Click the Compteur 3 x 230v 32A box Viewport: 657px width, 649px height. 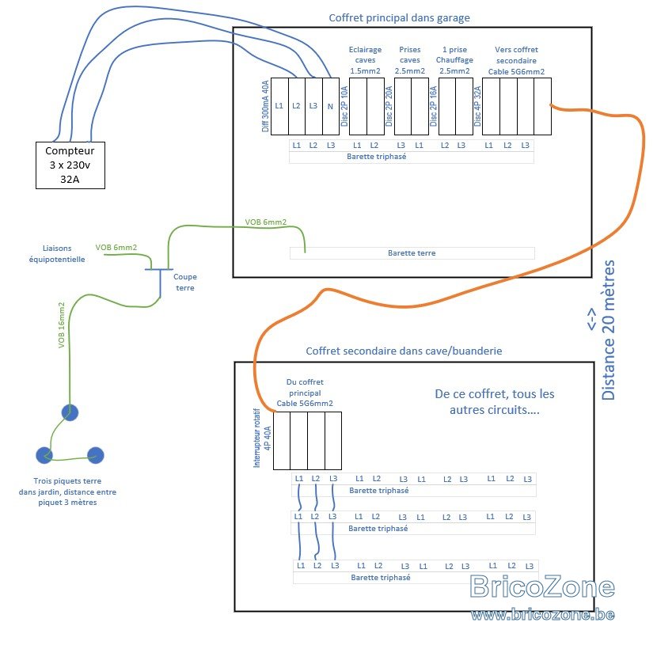coord(70,165)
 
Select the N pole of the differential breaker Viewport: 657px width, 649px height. coord(331,106)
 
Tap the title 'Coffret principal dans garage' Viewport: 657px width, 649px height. coord(399,18)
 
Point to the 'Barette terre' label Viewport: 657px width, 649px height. coord(412,253)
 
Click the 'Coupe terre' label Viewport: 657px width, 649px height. coord(184,282)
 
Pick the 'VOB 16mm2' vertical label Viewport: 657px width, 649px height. coord(62,325)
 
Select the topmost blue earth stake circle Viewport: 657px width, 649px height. coord(70,412)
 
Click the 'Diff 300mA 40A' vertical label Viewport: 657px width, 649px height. coord(265,106)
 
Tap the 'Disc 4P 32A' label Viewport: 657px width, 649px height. coord(477,106)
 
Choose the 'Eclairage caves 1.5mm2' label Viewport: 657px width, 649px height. coord(365,60)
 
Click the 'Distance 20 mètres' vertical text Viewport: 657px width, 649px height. coord(608,330)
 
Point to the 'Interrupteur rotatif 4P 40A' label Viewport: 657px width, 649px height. coord(262,438)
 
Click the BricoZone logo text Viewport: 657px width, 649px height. coord(542,586)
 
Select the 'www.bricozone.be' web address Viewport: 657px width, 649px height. coord(542,615)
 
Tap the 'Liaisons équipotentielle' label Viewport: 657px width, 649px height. coord(57,254)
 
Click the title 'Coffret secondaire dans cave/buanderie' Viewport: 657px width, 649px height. coord(404,351)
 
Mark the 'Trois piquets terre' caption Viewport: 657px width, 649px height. coord(67,481)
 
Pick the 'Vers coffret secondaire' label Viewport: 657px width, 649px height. coord(516,55)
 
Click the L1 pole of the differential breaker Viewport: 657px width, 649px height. coord(279,106)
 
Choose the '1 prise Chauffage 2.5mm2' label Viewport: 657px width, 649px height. coord(454,60)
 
